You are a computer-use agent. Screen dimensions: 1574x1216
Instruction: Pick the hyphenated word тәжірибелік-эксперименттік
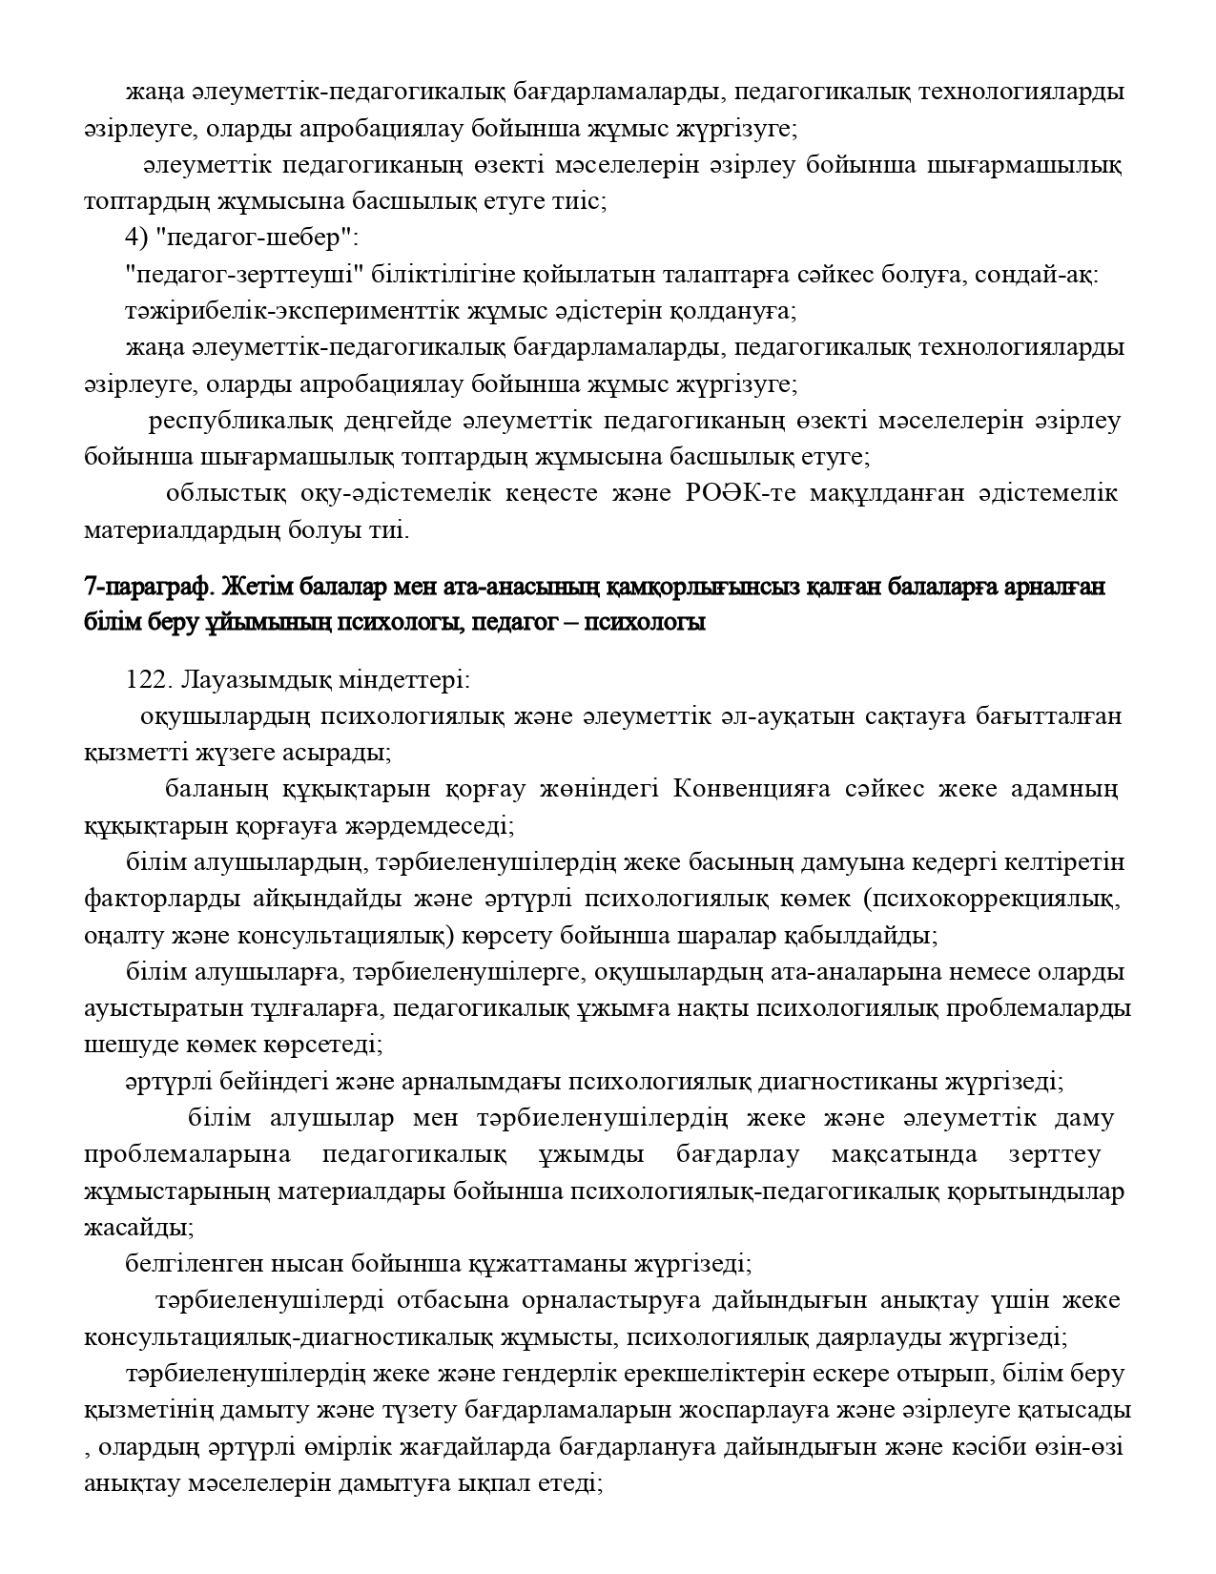(x=285, y=311)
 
